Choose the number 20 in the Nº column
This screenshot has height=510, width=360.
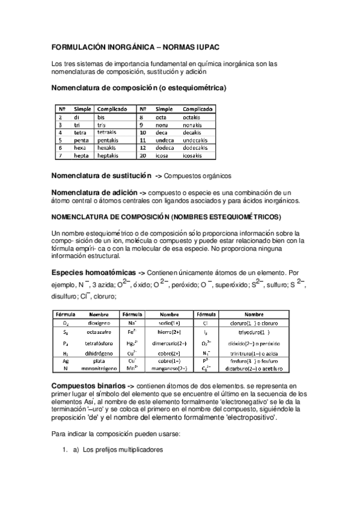point(142,155)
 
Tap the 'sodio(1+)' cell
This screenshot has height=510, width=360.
point(169,323)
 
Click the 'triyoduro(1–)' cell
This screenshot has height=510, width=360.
point(254,331)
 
